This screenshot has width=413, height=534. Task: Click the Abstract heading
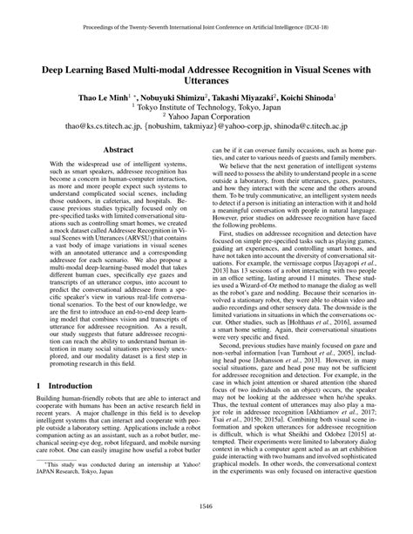click(x=118, y=150)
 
